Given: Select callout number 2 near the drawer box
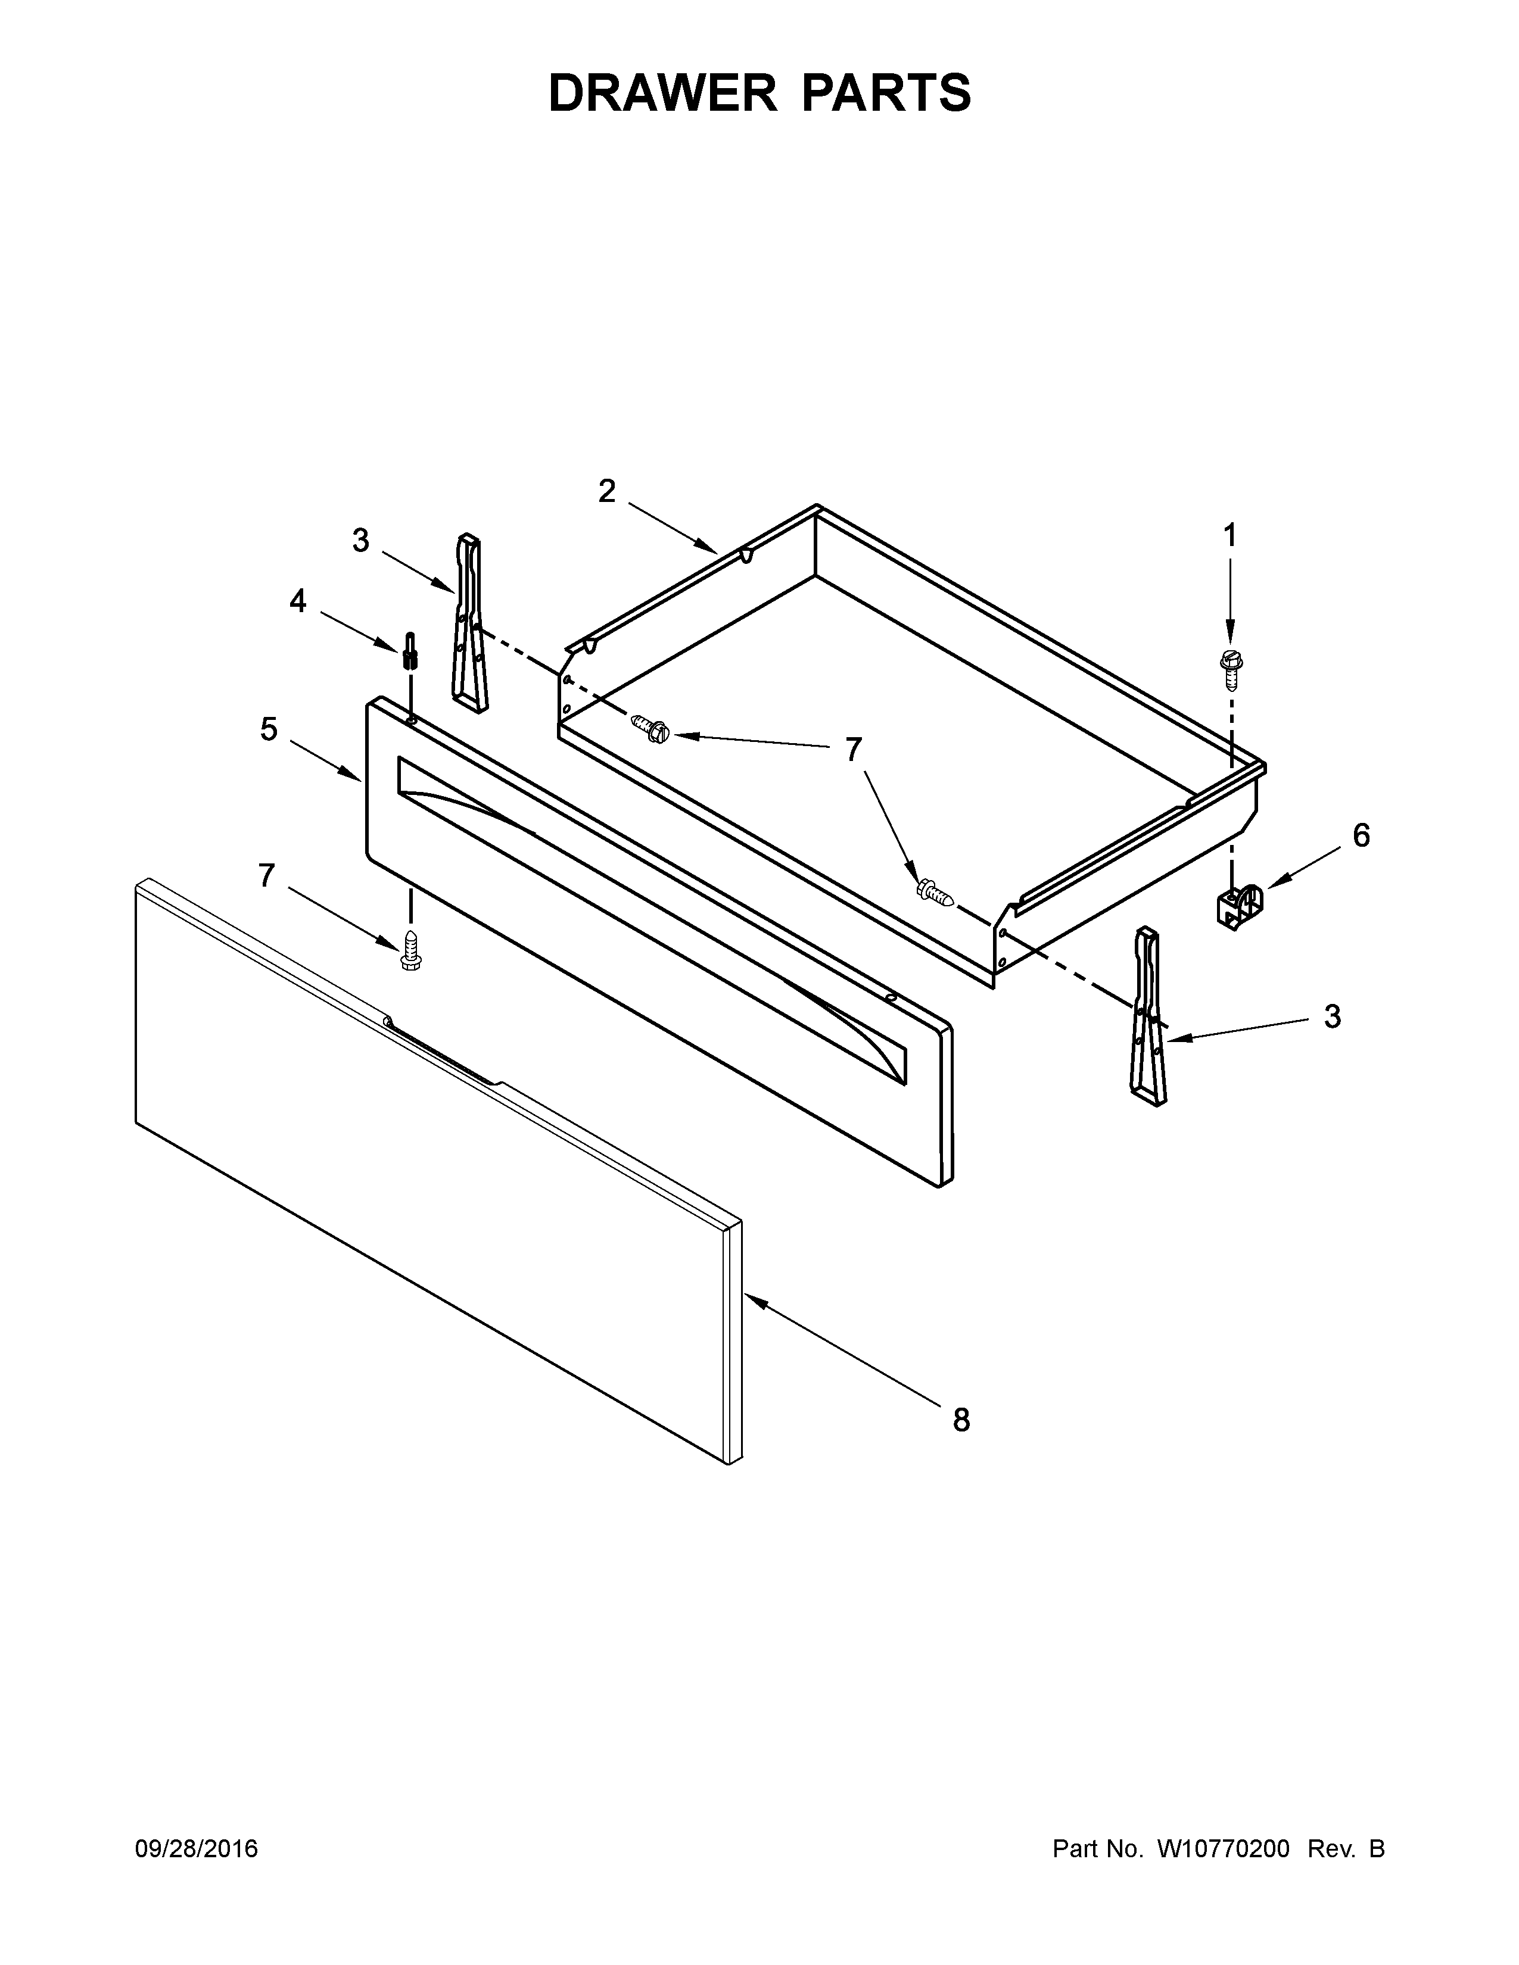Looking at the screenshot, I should point(608,491).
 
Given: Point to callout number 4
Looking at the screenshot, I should point(298,601).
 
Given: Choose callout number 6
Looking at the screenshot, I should point(1361,836).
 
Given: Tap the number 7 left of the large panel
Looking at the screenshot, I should point(266,875).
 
